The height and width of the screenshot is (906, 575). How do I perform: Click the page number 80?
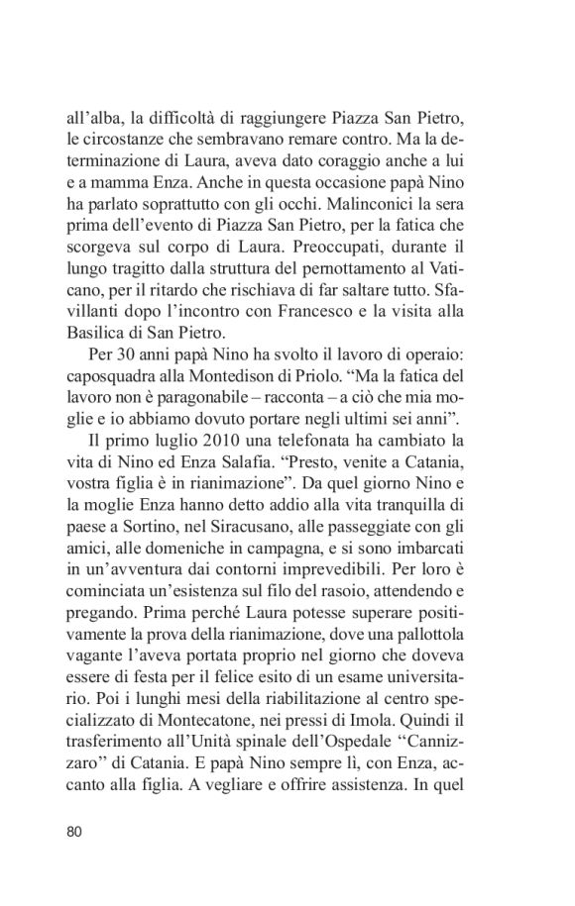point(74,830)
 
